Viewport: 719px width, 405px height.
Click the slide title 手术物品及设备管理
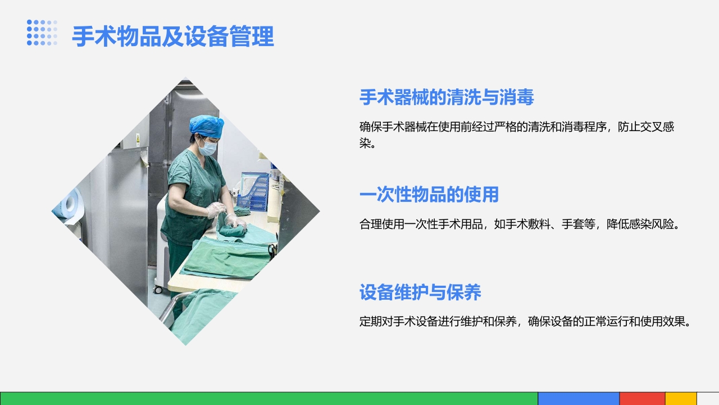click(173, 37)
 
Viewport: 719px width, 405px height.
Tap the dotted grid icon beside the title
click(42, 33)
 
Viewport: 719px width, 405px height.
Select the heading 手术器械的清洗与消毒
click(447, 97)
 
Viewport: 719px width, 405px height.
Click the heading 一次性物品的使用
click(429, 195)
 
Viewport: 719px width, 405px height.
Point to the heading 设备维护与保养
click(420, 292)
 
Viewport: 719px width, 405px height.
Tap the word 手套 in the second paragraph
click(573, 224)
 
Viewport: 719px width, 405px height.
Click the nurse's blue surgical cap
click(206, 124)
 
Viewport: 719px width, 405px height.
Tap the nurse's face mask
click(208, 147)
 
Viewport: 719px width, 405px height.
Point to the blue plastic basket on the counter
click(253, 193)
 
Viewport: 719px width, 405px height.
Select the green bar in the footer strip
click(269, 398)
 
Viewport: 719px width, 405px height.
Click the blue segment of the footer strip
click(579, 398)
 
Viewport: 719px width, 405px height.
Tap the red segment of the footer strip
click(642, 398)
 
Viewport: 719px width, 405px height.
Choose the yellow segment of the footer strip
click(681, 398)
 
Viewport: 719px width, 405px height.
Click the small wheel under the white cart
click(159, 290)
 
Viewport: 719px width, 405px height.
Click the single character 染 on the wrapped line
click(365, 143)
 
